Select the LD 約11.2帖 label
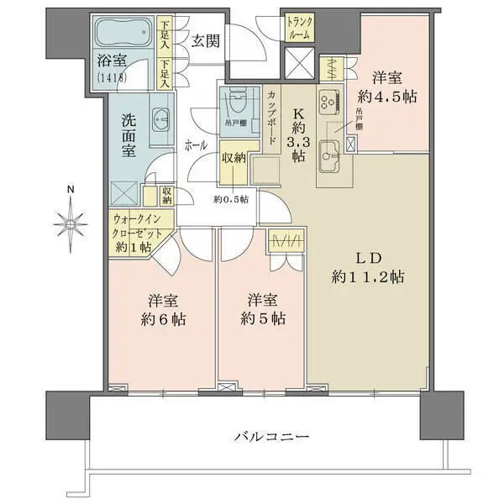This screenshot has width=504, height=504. [x=367, y=267]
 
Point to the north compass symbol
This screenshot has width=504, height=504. [x=71, y=222]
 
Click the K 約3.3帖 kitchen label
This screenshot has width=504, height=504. [x=297, y=133]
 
